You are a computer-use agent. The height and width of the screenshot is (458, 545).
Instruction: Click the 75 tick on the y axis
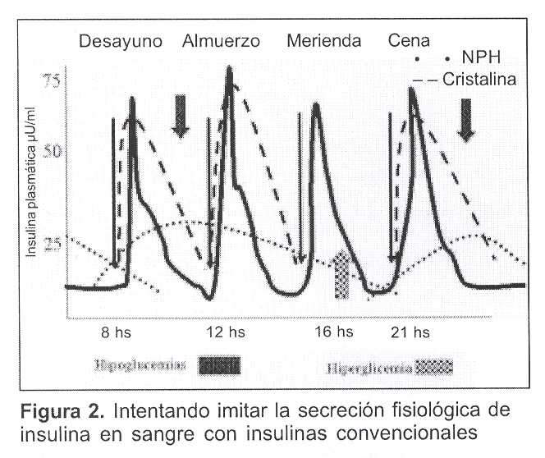(x=53, y=80)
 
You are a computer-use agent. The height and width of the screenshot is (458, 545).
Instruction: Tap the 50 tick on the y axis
(x=53, y=152)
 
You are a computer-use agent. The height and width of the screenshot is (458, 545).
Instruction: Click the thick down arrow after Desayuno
(x=181, y=116)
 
